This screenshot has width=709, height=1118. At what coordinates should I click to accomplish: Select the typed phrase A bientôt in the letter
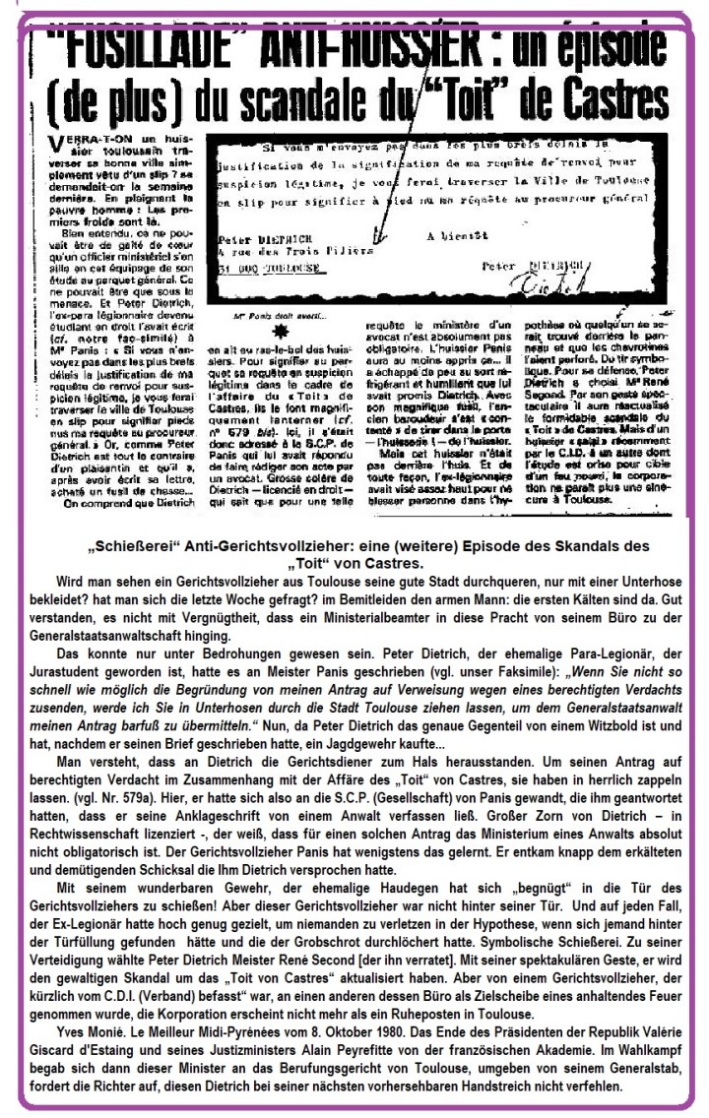[452, 236]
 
